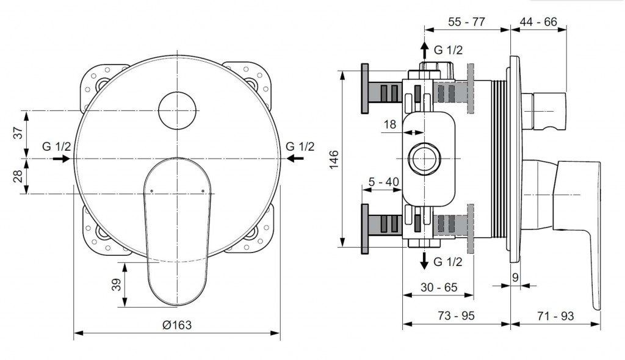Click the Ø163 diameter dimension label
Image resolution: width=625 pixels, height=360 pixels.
(x=177, y=325)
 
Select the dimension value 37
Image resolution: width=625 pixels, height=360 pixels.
(x=18, y=132)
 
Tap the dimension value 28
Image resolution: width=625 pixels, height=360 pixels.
(x=18, y=176)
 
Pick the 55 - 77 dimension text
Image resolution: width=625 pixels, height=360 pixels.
(x=466, y=22)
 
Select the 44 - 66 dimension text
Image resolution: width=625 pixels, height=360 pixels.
(x=538, y=22)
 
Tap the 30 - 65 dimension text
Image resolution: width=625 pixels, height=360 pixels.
(x=439, y=286)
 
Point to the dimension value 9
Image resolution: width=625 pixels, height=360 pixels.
(x=515, y=277)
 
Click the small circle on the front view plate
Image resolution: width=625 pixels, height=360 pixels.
(x=177, y=110)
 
